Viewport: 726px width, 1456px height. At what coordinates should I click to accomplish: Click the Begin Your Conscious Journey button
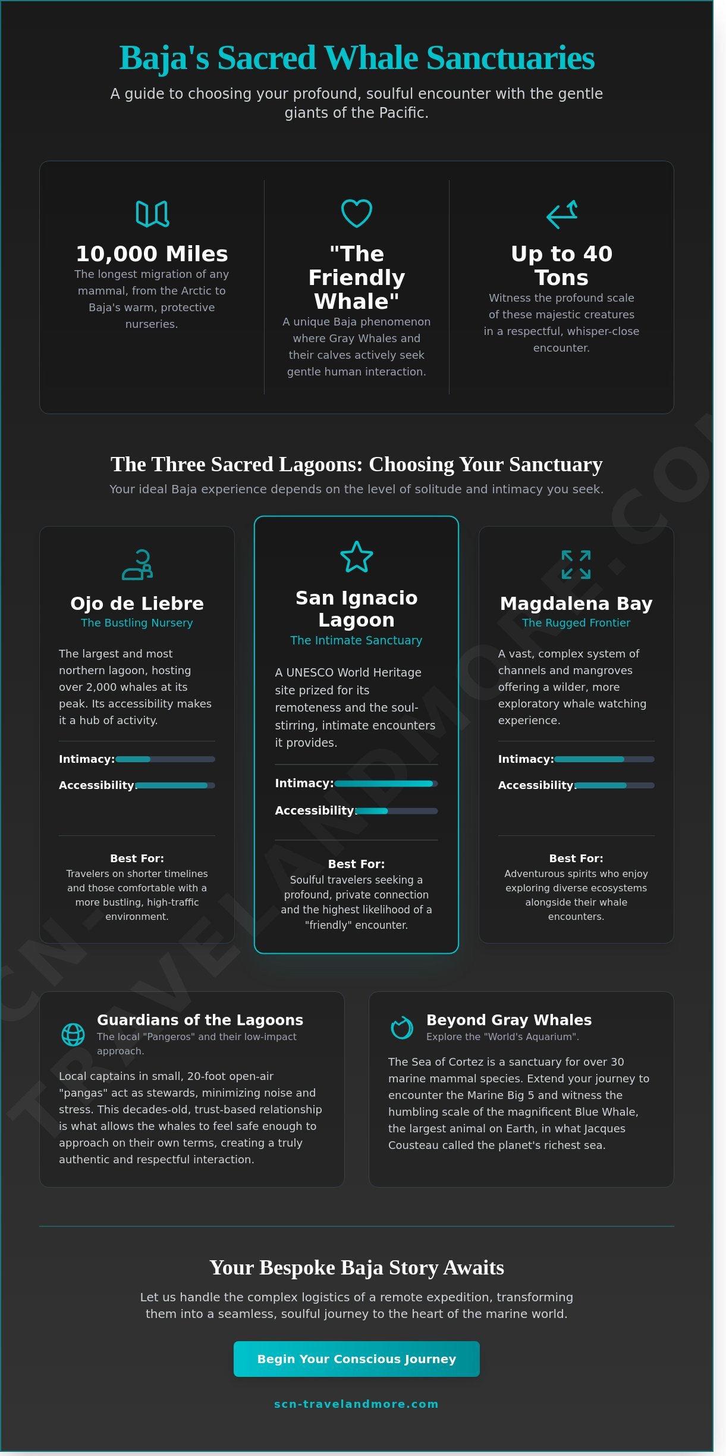click(356, 1359)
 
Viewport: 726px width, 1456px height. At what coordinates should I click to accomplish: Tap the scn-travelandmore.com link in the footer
click(356, 1404)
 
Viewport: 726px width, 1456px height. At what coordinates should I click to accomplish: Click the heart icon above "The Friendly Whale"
click(357, 213)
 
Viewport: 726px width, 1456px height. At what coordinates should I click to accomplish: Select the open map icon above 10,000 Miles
click(152, 214)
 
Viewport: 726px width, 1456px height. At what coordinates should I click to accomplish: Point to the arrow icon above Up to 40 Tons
click(562, 214)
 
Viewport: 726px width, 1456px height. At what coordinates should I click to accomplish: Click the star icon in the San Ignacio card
click(357, 557)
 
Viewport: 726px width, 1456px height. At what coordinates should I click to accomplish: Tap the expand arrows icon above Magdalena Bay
click(576, 565)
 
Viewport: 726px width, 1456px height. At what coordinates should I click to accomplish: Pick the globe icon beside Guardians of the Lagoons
click(73, 1035)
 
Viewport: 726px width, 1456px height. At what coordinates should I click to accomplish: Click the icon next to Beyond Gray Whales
click(402, 1028)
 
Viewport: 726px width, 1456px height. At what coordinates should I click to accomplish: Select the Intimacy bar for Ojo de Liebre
click(165, 759)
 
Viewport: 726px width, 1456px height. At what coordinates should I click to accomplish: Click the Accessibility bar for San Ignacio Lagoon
click(397, 811)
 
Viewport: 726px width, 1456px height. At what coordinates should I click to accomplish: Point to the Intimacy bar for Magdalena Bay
click(604, 759)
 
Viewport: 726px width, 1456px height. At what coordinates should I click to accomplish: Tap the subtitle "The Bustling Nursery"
click(137, 623)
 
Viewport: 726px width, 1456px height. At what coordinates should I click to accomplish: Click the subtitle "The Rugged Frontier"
click(576, 623)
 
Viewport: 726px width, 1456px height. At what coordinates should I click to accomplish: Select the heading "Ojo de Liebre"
click(137, 603)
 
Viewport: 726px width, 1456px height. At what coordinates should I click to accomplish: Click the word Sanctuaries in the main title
click(510, 58)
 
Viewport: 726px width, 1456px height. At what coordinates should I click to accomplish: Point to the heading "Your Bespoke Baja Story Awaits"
click(356, 1268)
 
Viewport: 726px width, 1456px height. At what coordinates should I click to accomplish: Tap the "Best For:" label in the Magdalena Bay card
click(576, 859)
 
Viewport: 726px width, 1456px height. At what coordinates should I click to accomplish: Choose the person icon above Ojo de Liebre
click(137, 565)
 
